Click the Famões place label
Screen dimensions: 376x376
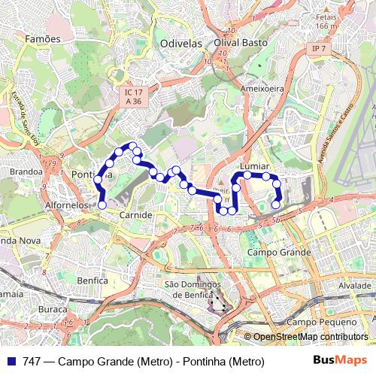42,38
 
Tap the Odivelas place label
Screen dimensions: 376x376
181,44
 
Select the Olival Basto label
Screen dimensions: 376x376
241,43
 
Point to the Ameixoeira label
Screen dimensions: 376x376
261,88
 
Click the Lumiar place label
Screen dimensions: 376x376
253,165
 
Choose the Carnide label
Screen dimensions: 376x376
136,214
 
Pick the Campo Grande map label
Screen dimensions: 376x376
279,253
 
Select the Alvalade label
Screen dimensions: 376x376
355,287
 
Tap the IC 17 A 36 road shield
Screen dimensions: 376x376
134,96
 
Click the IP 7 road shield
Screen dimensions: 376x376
318,49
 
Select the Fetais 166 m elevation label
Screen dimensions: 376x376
326,20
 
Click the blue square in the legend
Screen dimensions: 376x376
11,362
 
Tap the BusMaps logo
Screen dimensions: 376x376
341,361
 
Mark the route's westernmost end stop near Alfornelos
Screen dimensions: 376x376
102,204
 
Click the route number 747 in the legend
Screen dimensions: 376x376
32,362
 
